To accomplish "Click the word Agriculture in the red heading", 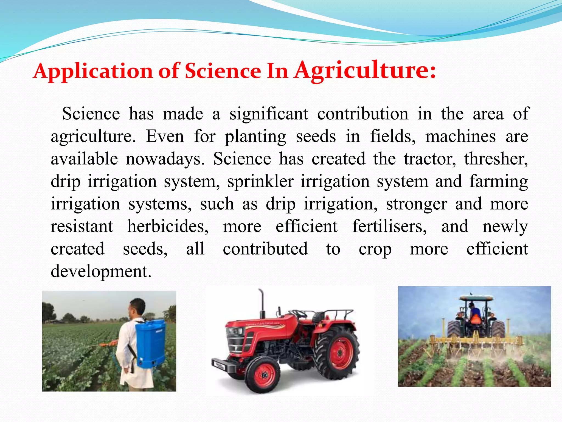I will pyautogui.click(x=365, y=71).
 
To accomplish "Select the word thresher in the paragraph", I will pyautogui.click(x=496, y=159).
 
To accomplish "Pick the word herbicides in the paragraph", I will pyautogui.click(x=168, y=227).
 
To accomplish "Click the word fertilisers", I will pyautogui.click(x=389, y=227).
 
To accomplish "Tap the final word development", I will pyautogui.click(x=101, y=272).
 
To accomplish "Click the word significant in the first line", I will pyautogui.click(x=269, y=114).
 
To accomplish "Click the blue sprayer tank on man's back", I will pyautogui.click(x=151, y=343).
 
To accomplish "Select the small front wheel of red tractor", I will pyautogui.click(x=263, y=375).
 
